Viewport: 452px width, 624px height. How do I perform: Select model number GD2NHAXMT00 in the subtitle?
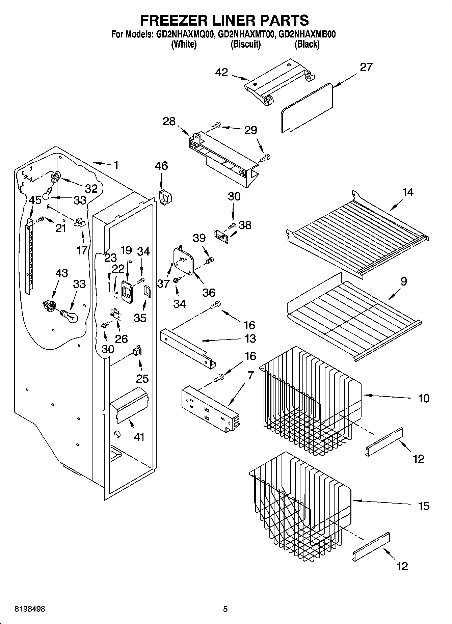click(x=245, y=34)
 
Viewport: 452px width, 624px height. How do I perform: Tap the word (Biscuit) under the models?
click(x=245, y=44)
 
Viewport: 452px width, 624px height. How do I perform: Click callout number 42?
click(x=221, y=73)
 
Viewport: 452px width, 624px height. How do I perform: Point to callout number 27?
click(x=366, y=67)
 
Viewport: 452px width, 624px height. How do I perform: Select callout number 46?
click(x=161, y=166)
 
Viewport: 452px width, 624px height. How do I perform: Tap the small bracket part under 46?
click(x=165, y=197)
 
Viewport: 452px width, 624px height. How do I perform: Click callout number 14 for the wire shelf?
click(x=407, y=193)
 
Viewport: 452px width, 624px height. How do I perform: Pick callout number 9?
click(x=403, y=281)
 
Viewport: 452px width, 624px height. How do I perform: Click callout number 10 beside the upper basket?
click(x=423, y=398)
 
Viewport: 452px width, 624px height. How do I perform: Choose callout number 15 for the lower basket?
click(x=423, y=506)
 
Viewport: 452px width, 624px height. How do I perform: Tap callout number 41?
click(x=139, y=437)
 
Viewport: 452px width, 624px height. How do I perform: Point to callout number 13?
click(x=250, y=338)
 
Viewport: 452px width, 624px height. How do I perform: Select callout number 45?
click(x=35, y=200)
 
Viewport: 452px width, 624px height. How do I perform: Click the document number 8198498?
click(x=30, y=609)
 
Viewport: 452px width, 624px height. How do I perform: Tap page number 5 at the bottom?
click(x=225, y=609)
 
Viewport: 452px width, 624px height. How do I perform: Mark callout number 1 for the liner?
click(x=116, y=165)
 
